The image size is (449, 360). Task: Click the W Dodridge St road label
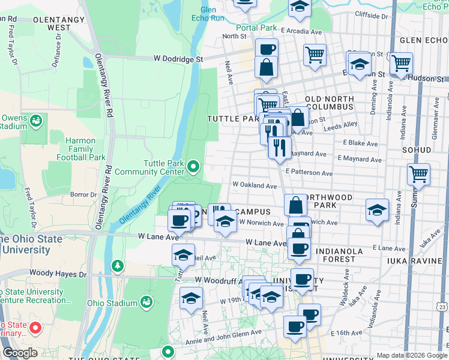[179, 59]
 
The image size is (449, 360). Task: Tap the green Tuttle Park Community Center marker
[193, 166]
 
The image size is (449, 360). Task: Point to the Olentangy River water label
[142, 205]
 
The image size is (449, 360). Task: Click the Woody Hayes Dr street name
[53, 272]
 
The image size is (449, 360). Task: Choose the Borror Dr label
[83, 194]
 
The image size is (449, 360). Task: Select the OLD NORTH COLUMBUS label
[329, 102]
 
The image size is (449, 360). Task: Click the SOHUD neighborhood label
[417, 149]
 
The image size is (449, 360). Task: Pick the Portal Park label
[256, 28]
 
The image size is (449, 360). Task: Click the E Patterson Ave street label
[309, 173]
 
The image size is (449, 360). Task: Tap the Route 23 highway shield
[442, 307]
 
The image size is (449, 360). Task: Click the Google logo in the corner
[19, 353]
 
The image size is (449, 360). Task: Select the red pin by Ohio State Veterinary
[35, 328]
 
